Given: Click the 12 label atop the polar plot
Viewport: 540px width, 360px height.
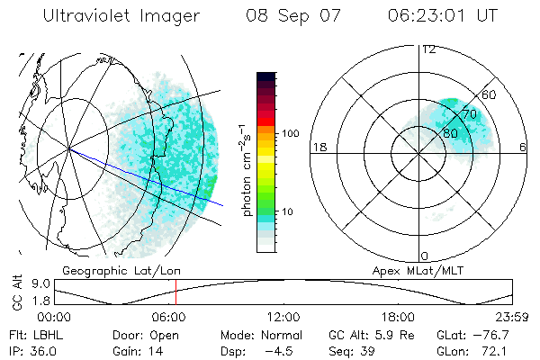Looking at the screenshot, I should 428,49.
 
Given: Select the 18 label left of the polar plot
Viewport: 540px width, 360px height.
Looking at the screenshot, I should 319,147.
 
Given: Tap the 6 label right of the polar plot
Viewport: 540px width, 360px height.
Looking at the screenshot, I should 524,147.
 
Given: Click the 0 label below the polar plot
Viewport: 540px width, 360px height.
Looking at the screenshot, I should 425,256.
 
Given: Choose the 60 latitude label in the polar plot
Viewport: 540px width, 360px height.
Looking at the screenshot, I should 490,94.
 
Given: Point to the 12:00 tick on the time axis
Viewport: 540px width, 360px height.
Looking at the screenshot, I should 283,316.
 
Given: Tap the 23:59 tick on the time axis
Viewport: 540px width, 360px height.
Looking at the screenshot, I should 513,316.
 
